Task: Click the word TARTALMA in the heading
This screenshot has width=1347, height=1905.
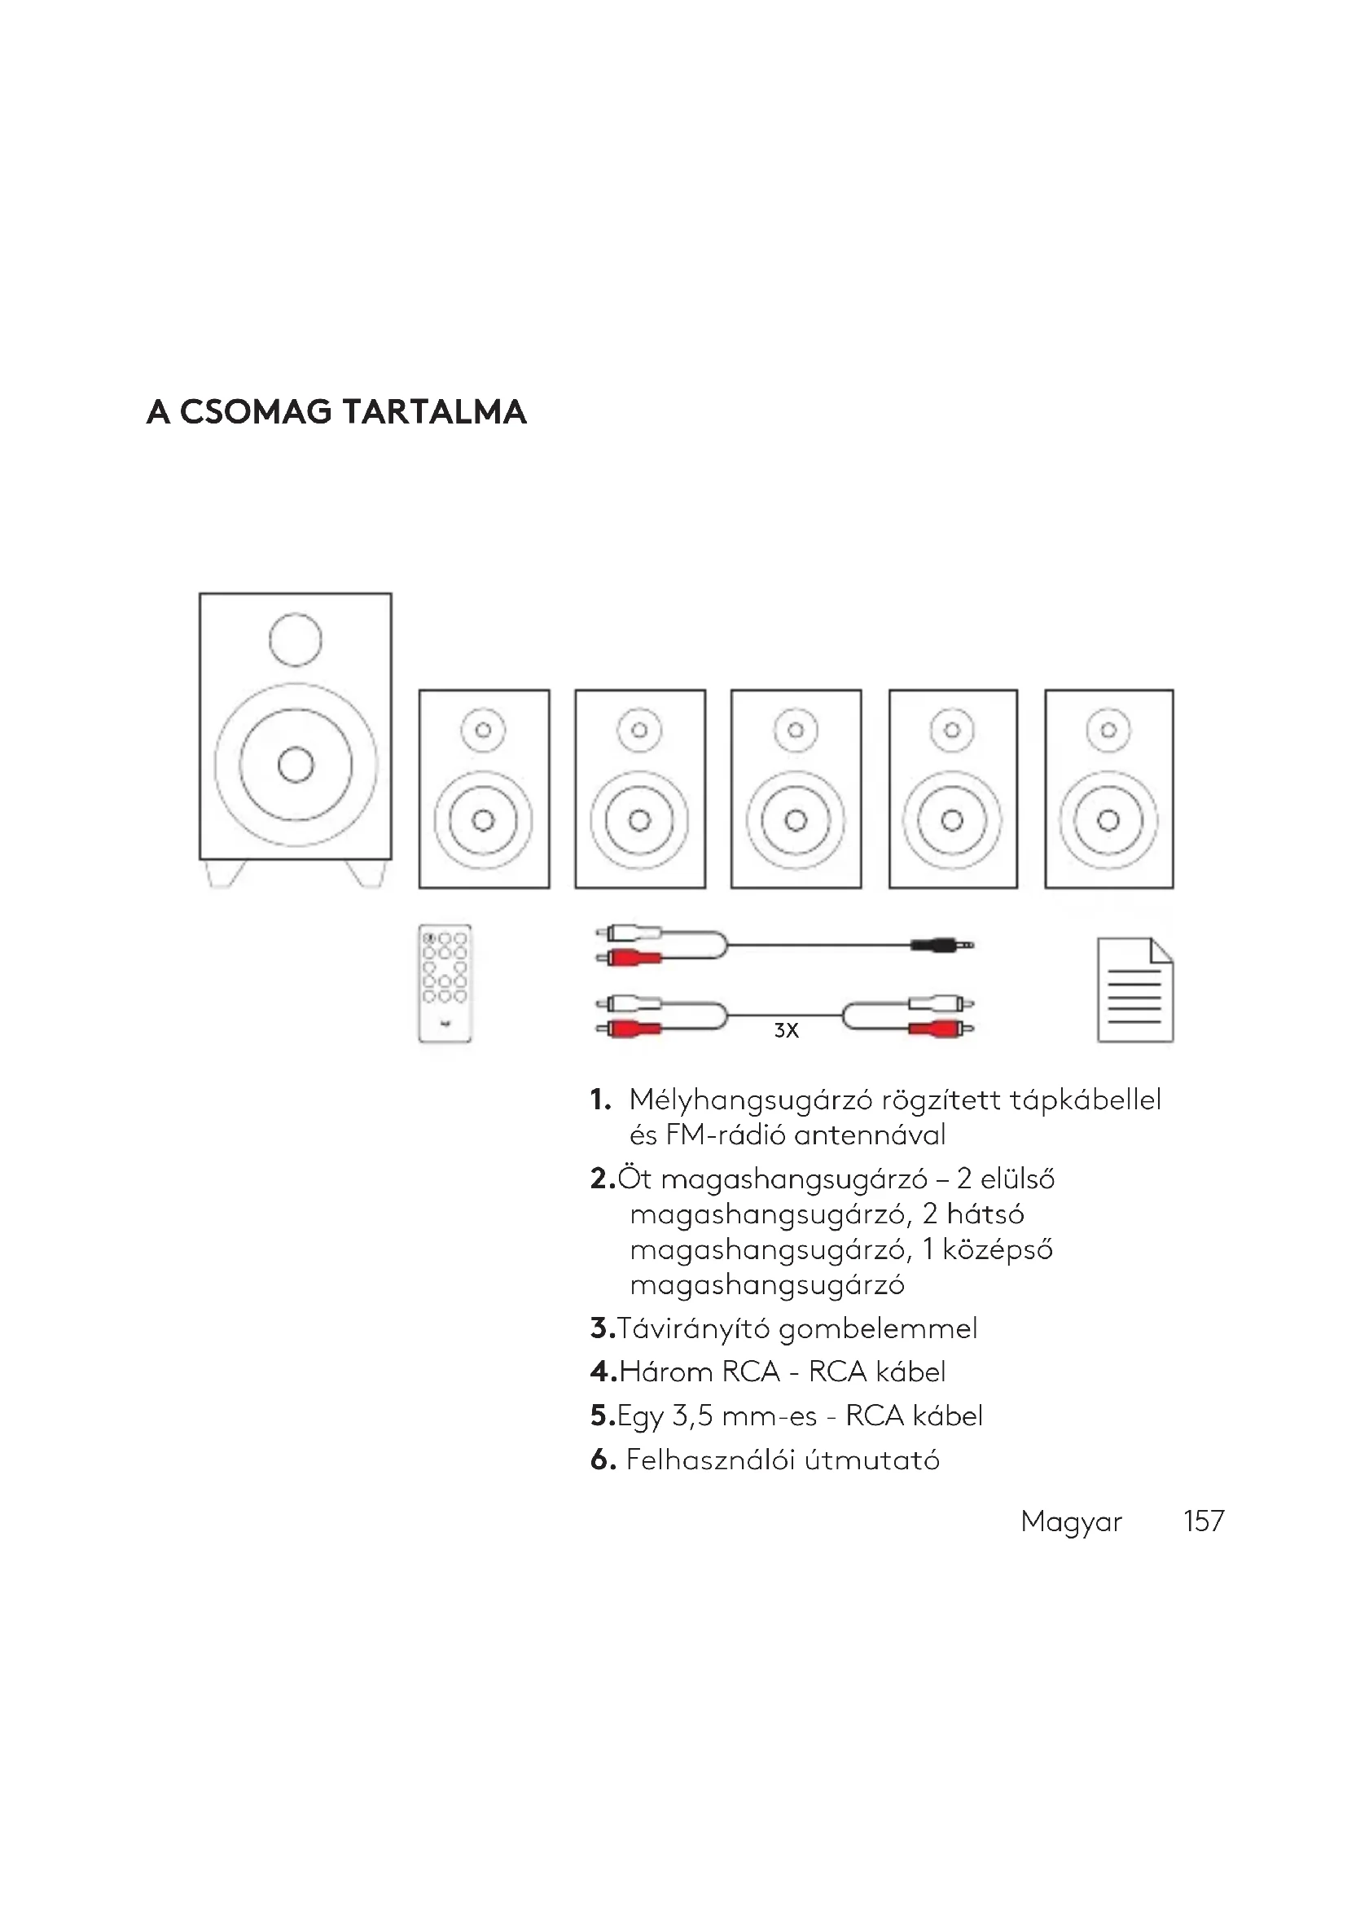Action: pyautogui.click(x=435, y=412)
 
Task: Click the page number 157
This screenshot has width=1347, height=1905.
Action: pyautogui.click(x=1204, y=1521)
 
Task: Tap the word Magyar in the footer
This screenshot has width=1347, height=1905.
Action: pyautogui.click(x=1071, y=1521)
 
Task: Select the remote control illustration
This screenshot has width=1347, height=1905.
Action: pyautogui.click(x=445, y=982)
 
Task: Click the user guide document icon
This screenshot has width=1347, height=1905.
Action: pyautogui.click(x=1134, y=989)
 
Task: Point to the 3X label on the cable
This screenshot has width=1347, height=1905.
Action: pyautogui.click(x=785, y=1030)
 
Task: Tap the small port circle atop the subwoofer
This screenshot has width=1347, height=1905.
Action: pyautogui.click(x=296, y=639)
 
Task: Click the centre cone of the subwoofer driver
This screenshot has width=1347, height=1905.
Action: pyautogui.click(x=296, y=764)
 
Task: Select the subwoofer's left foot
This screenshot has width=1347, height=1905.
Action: pyautogui.click(x=226, y=874)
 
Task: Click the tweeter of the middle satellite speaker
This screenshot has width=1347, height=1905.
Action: pyautogui.click(x=796, y=730)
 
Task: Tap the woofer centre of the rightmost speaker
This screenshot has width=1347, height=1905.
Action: pyautogui.click(x=1108, y=821)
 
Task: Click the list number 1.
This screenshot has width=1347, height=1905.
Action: pyautogui.click(x=599, y=1100)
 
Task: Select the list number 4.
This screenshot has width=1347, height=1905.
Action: pyautogui.click(x=602, y=1372)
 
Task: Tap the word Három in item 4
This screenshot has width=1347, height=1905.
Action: pyautogui.click(x=666, y=1372)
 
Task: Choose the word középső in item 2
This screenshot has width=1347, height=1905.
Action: pyautogui.click(x=997, y=1249)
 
